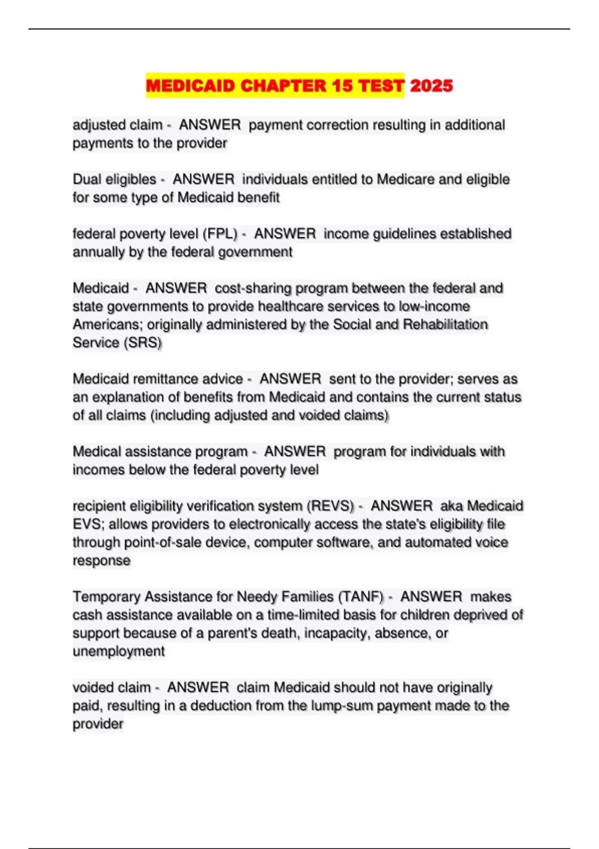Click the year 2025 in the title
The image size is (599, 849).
[431, 86]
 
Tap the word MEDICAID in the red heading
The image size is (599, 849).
[190, 86]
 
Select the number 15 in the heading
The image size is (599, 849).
[342, 86]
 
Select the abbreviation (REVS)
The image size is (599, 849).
[330, 506]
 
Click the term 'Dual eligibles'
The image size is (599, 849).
[114, 179]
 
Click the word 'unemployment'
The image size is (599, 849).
[118, 651]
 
